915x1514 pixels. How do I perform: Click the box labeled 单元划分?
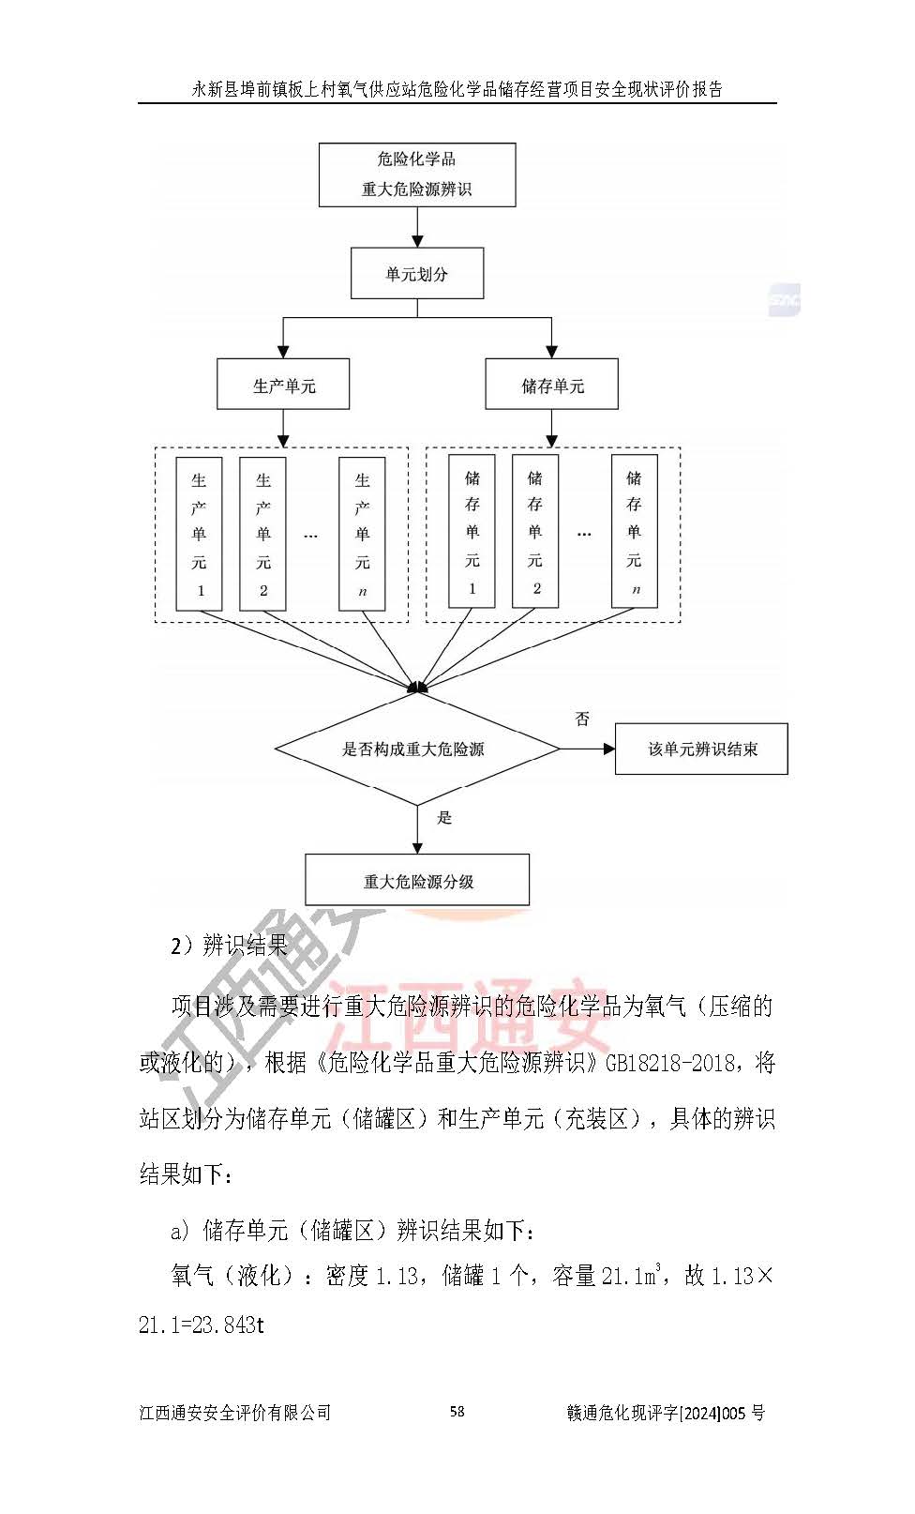(x=417, y=274)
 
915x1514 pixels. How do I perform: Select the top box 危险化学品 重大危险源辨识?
(x=417, y=174)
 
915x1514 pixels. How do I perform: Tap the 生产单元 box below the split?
(x=283, y=385)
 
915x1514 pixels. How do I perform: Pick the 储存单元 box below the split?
(x=551, y=385)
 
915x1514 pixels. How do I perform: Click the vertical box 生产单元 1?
(x=199, y=534)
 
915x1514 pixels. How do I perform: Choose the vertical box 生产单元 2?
(x=262, y=534)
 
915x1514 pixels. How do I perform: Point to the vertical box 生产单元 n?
(x=362, y=534)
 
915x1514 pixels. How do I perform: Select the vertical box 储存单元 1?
(x=472, y=532)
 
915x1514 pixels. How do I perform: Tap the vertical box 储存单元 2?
(x=535, y=532)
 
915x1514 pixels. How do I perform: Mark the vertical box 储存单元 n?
(x=635, y=532)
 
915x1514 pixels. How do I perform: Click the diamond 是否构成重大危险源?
(x=417, y=749)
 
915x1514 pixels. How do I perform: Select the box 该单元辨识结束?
(x=701, y=749)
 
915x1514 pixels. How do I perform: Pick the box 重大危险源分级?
(x=417, y=881)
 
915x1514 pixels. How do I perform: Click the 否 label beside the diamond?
(x=582, y=719)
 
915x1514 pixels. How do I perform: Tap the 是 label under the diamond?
(x=444, y=818)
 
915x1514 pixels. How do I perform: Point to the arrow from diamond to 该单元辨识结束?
(x=588, y=749)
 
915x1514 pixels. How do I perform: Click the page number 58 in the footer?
(x=457, y=1412)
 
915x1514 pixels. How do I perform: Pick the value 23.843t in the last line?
(x=228, y=1326)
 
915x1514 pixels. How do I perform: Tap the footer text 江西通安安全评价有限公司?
(x=235, y=1413)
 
